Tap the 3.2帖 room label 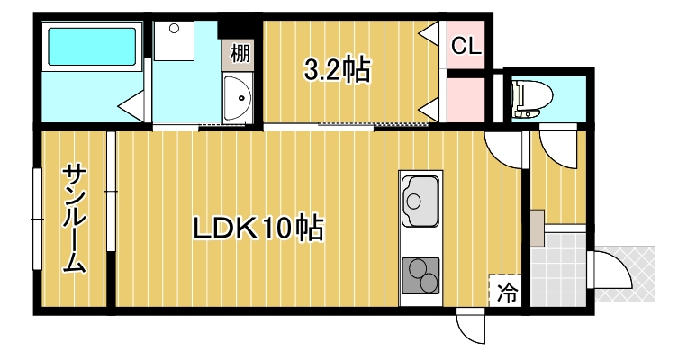338,69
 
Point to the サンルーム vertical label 74,219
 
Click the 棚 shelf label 240,54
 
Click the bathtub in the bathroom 91,51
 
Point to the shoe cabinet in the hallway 537,228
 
